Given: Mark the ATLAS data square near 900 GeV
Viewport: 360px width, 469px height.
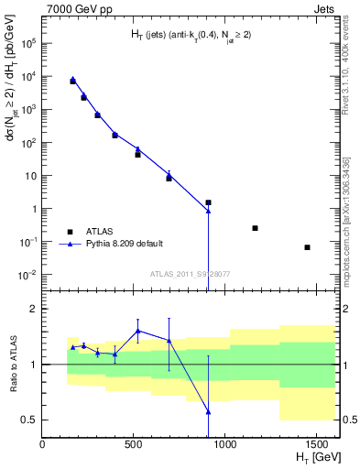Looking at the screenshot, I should point(209,202).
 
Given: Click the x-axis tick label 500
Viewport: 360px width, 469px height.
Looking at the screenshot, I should point(134,444).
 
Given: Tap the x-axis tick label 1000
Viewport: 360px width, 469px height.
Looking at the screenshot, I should point(224,444).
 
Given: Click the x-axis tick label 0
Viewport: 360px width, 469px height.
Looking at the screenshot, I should point(43,444).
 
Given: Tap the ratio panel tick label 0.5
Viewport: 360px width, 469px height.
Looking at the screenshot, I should point(30,420).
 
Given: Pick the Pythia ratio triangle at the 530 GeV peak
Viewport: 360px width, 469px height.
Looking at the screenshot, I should point(138,331).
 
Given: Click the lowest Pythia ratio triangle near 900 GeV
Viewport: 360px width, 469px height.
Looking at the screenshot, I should point(209,412).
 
